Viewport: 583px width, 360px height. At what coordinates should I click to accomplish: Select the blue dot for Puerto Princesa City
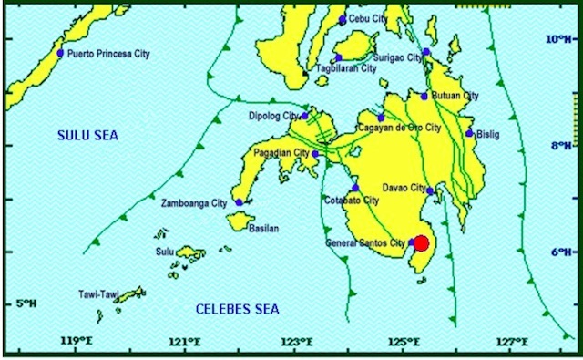(x=61, y=53)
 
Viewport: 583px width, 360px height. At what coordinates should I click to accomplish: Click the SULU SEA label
(x=88, y=135)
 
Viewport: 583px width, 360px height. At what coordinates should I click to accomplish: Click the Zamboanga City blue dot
(x=239, y=202)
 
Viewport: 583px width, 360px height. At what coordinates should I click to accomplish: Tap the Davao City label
(x=404, y=188)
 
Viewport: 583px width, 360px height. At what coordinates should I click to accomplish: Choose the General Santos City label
(x=365, y=242)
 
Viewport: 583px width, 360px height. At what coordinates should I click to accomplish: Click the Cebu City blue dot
(x=343, y=20)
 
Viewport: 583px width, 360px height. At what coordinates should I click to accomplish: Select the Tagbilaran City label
(x=345, y=68)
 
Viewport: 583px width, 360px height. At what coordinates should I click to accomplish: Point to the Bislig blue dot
(x=469, y=133)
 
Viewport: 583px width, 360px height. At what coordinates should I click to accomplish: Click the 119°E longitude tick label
(x=77, y=342)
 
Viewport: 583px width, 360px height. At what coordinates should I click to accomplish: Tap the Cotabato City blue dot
(x=356, y=188)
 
